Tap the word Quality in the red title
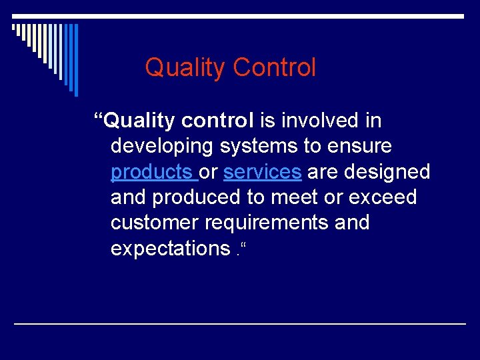coord(185,67)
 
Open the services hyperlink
coord(262,172)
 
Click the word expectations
coord(170,249)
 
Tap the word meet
coord(291,197)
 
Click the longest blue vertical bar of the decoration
coord(75,60)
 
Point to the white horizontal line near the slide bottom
coord(240,323)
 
